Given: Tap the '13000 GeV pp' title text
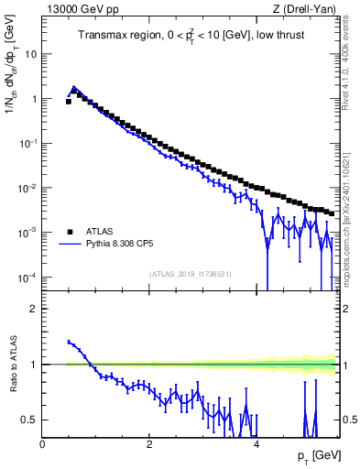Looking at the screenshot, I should (x=77, y=8).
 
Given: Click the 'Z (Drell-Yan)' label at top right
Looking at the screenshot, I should (x=304, y=8).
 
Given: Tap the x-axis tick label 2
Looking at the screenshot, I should (x=149, y=443).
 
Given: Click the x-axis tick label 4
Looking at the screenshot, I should (x=256, y=443).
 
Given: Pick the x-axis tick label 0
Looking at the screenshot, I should (x=42, y=443).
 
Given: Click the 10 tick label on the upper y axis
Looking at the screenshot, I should (x=30, y=53).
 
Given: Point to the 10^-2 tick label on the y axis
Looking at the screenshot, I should (x=28, y=188).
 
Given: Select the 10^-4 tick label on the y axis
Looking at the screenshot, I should (x=28, y=278).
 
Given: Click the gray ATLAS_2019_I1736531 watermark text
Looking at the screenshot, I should (x=190, y=274).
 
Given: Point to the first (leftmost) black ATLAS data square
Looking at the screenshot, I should (x=69, y=102).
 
